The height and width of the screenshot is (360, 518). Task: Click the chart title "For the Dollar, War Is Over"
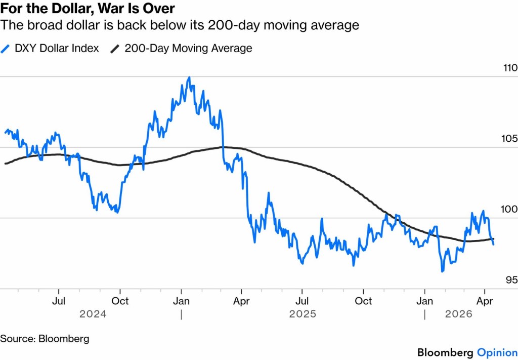88,9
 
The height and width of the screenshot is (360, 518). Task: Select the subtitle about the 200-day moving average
180,25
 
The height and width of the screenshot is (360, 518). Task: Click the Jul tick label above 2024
59,301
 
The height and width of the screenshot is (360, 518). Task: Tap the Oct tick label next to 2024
120,301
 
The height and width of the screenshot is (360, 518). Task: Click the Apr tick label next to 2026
485,301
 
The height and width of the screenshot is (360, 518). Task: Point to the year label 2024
93,314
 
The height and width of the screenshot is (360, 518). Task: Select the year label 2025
303,314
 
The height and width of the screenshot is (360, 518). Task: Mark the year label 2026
458,314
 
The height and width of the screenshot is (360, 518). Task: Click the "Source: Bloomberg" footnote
44,338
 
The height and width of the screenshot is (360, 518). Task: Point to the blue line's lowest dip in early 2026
443,271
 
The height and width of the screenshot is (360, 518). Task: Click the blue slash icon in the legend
6,49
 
